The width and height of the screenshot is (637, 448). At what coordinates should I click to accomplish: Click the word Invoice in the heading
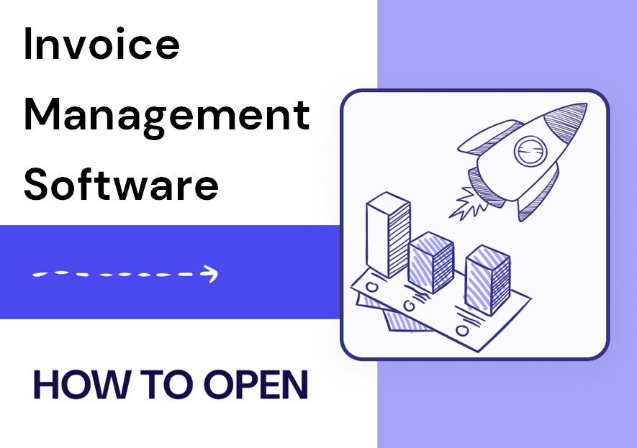[x=101, y=44]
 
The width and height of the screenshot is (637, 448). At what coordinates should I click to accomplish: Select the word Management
[x=167, y=116]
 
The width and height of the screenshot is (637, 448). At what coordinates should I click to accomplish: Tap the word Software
[x=121, y=184]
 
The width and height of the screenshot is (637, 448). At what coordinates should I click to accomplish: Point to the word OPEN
[x=256, y=384]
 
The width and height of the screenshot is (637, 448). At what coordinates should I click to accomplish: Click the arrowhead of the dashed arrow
[x=210, y=274]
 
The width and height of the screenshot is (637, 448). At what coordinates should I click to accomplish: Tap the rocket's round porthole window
[x=530, y=151]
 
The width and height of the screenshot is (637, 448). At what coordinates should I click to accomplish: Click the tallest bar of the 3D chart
[x=388, y=234]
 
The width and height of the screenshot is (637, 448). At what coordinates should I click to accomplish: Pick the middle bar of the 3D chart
[x=430, y=262]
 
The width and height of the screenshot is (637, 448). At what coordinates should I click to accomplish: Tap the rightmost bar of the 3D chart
[x=487, y=280]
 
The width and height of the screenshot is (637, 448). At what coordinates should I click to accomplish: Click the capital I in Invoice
[x=27, y=44]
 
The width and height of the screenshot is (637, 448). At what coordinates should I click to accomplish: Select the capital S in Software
[x=37, y=184]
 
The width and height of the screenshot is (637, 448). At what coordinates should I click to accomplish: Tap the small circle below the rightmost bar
[x=462, y=331]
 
